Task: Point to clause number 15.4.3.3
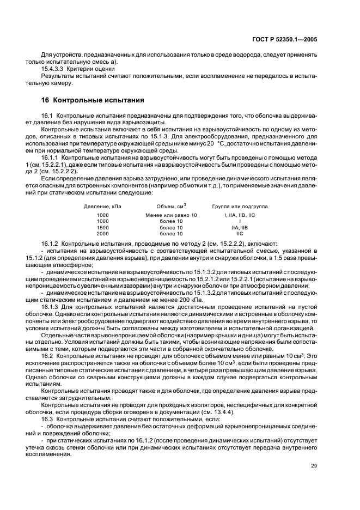click(x=54, y=69)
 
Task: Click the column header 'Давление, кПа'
click(x=102, y=207)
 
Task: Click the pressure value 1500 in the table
click(x=102, y=227)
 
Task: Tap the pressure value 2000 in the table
click(x=102, y=233)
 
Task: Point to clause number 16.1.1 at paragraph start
click(x=51, y=157)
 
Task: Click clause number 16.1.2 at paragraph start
click(x=51, y=243)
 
